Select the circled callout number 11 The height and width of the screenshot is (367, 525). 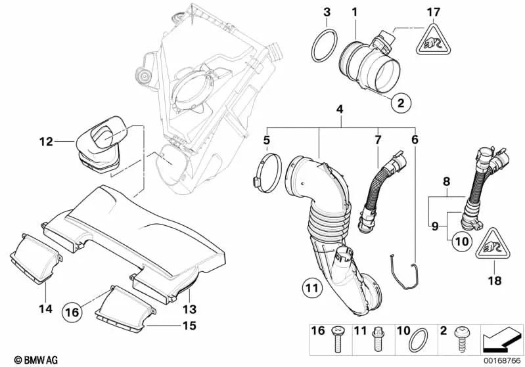point(313,287)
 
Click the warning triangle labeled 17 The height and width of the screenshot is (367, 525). point(431,43)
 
